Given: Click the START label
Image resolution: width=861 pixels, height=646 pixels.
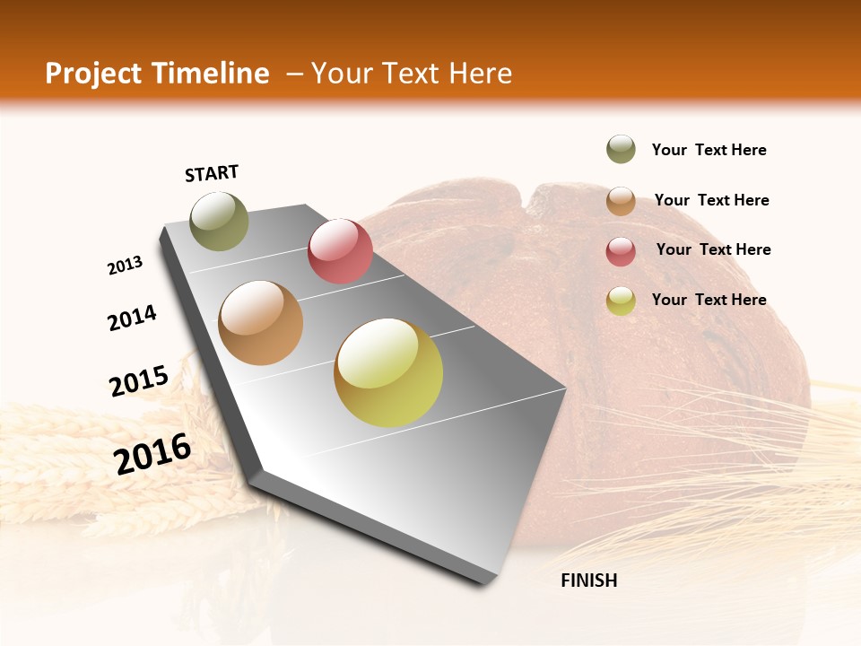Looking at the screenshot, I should (212, 173).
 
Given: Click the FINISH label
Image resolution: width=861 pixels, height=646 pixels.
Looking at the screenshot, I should (588, 581).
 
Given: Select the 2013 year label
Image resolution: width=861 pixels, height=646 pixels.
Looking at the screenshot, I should (125, 266).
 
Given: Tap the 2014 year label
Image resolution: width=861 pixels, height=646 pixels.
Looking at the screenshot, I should (132, 318).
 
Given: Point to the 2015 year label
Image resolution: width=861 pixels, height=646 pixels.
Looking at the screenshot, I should (139, 380).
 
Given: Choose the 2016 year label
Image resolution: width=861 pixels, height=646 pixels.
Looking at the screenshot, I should (152, 453).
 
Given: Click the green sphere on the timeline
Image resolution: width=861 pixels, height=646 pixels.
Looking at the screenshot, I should (219, 221).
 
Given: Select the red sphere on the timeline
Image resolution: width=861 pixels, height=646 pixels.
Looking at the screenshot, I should (340, 250).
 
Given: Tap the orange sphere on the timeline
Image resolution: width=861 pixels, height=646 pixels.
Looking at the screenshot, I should (261, 323).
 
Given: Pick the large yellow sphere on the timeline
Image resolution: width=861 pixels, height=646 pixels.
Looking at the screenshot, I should (388, 372).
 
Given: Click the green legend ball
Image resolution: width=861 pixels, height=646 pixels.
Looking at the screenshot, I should (621, 150).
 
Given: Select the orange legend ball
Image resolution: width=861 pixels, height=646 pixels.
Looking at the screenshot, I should (621, 201).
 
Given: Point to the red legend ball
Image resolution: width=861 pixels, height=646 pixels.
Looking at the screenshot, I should (621, 251).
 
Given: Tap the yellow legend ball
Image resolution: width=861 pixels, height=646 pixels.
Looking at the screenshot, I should (621, 301).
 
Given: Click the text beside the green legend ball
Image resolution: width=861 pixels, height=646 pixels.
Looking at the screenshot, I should (709, 151).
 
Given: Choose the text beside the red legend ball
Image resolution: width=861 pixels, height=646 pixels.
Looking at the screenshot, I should (713, 249).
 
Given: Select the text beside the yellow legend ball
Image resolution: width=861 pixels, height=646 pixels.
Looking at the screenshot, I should (709, 300).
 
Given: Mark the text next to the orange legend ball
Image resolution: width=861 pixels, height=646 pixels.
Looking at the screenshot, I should (711, 200).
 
